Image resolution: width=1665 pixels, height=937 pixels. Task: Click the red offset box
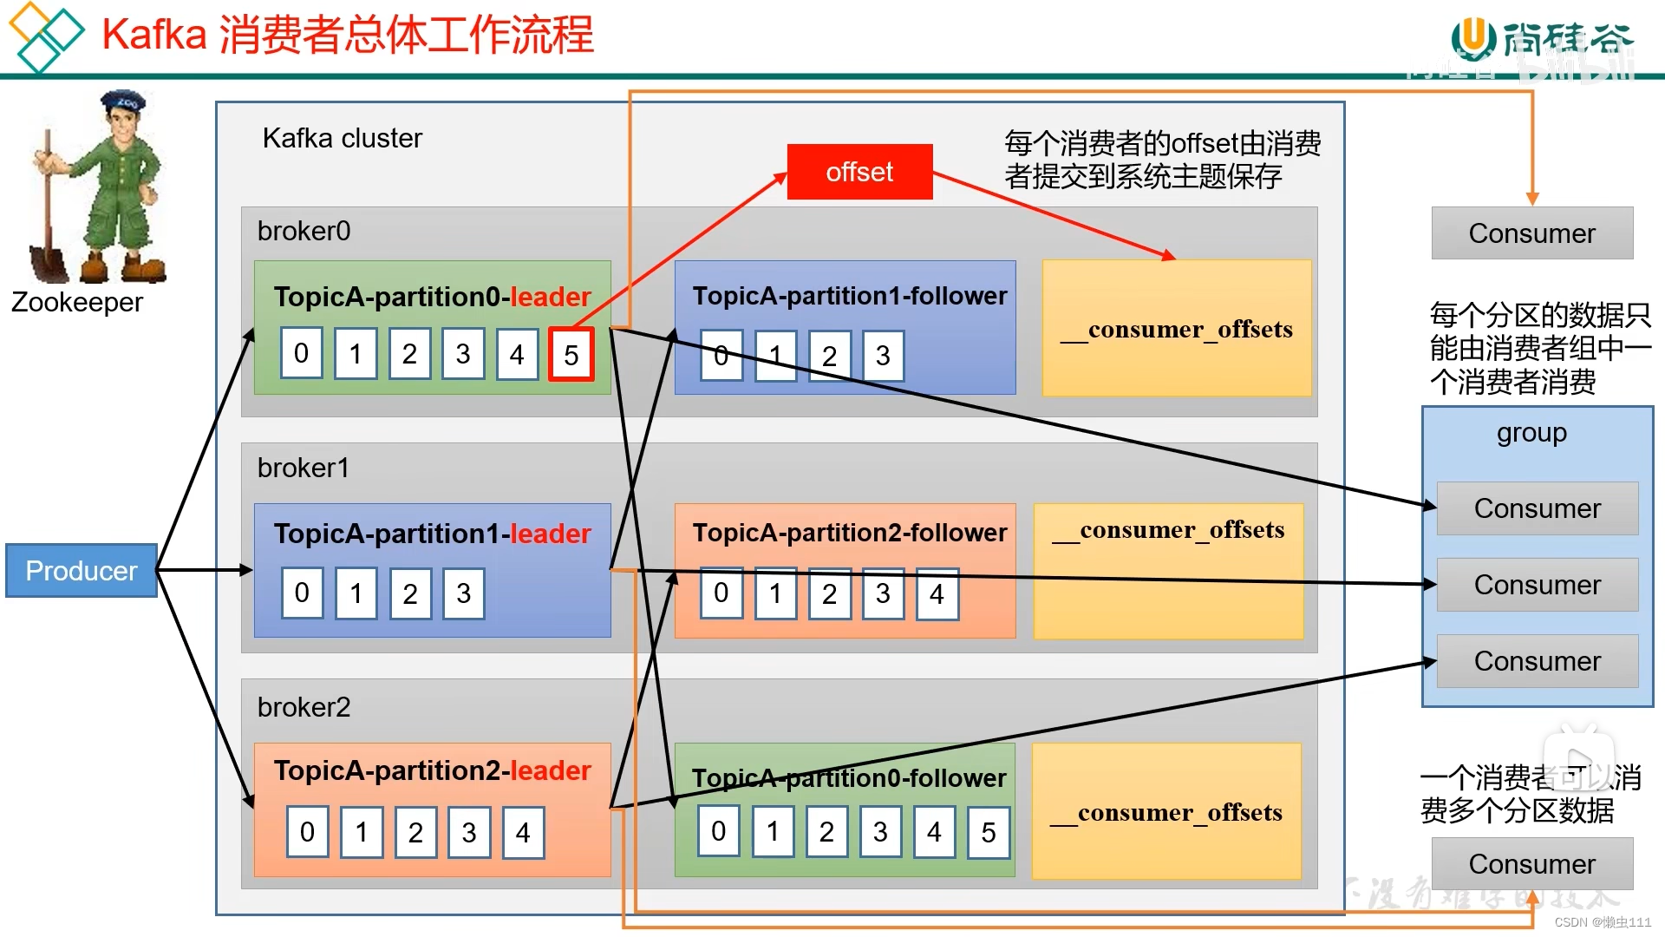(859, 172)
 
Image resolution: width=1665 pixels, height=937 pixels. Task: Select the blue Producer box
(81, 571)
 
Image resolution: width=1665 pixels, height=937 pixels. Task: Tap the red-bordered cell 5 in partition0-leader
(571, 355)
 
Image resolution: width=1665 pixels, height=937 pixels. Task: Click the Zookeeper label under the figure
(77, 302)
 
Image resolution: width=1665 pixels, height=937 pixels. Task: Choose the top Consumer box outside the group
(1531, 233)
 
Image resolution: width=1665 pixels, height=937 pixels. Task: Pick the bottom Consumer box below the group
(1531, 864)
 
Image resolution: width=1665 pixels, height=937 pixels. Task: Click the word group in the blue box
(1531, 433)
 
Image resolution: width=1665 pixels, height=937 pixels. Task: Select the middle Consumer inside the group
(1537, 585)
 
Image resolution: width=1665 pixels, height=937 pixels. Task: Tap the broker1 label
(304, 468)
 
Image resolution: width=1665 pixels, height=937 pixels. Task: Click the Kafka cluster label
(342, 138)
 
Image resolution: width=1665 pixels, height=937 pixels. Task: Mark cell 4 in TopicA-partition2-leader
(523, 833)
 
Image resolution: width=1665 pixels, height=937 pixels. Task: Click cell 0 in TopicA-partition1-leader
(302, 593)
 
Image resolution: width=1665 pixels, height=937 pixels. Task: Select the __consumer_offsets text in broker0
(1176, 331)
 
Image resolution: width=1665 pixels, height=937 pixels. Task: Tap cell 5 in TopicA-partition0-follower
(988, 833)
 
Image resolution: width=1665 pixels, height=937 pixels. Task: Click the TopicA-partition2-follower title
(849, 533)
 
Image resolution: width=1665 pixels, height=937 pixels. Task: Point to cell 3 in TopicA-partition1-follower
(883, 356)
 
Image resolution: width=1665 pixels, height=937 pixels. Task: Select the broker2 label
(304, 707)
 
